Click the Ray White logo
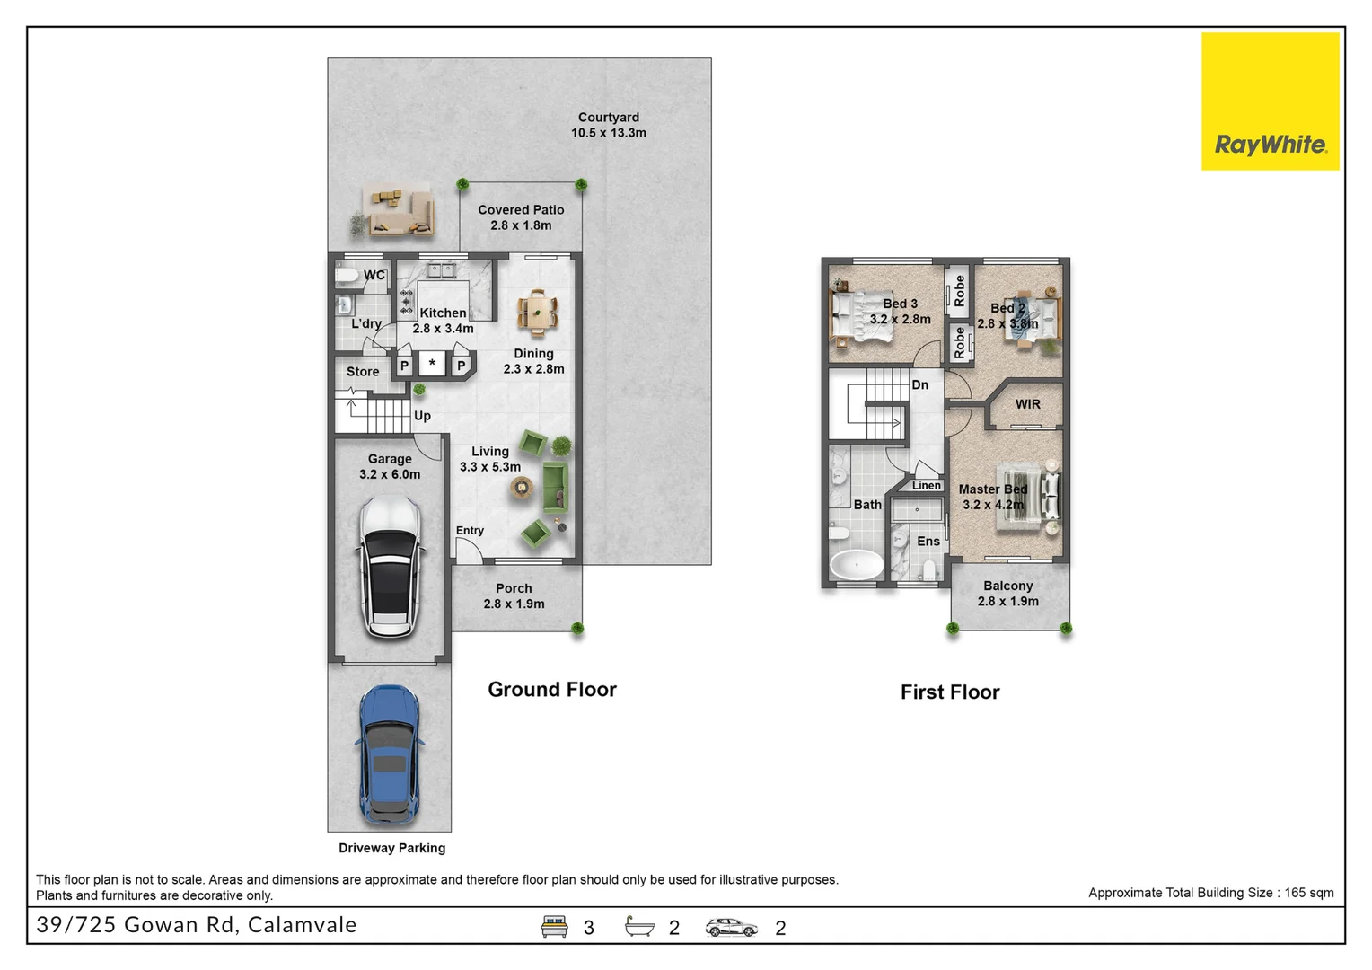[1270, 101]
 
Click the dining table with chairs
[537, 313]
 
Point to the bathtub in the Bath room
[856, 564]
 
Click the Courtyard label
[608, 117]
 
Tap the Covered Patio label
[521, 209]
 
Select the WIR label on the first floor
[1027, 404]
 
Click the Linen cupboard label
[926, 485]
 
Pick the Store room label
[363, 371]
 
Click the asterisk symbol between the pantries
[432, 362]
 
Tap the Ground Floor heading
[552, 690]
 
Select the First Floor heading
[950, 692]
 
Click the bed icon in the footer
[554, 927]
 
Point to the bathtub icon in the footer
[639, 926]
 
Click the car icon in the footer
[731, 927]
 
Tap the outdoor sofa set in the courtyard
[397, 211]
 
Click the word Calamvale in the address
[302, 925]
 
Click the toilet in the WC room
[347, 275]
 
